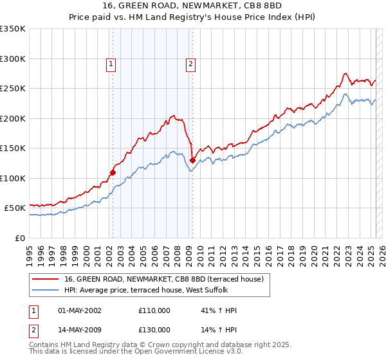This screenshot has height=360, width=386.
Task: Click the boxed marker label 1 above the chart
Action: [x=112, y=64]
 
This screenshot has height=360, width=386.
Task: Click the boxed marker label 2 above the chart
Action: [x=192, y=64]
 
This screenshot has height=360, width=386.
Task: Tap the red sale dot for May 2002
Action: [x=113, y=172]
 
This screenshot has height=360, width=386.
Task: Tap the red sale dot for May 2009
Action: [x=192, y=160]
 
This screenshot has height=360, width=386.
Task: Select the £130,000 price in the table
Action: [x=154, y=330]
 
